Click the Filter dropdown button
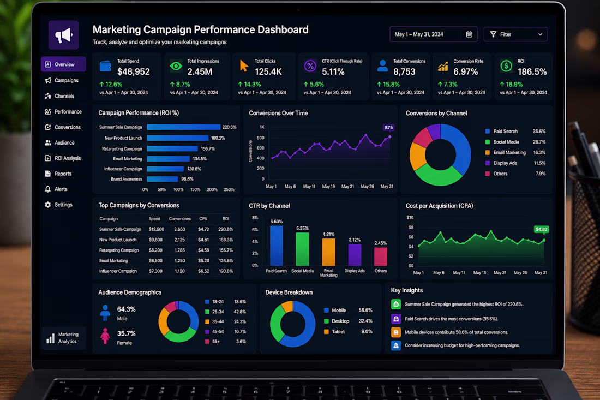coord(515,34)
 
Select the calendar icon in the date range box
coord(469,34)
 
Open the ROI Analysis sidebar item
coord(63,158)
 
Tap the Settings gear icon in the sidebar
coord(48,205)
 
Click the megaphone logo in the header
coord(63,35)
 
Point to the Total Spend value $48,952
coord(134,71)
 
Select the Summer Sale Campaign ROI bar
coord(184,127)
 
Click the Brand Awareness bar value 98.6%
coord(187,179)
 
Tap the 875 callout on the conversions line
coord(389,128)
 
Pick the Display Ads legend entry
coord(501,163)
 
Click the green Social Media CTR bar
coord(302,249)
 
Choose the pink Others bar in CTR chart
coord(380,256)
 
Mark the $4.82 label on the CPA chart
coord(542,229)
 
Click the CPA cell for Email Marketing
coord(203,261)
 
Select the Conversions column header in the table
coord(180,219)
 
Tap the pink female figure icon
coord(105,336)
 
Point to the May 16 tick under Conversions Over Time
coord(328,187)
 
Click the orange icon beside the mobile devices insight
coord(395,332)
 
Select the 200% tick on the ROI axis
coord(212,189)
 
